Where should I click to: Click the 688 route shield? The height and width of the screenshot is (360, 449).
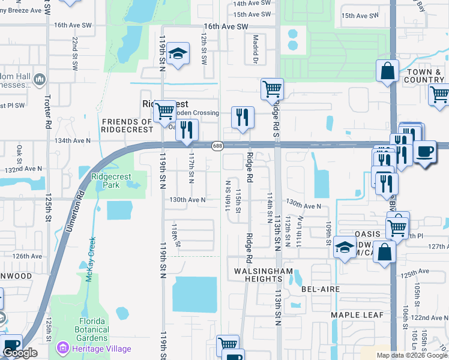pos(217,146)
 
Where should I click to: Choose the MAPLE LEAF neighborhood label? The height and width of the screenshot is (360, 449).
pos(356,315)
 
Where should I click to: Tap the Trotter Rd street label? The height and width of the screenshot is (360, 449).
pos(48,112)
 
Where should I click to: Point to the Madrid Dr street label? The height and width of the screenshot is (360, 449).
pos(255,49)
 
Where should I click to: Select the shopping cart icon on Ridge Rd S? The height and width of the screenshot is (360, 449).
pos(273,89)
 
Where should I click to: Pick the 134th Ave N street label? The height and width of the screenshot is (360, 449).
pos(72,140)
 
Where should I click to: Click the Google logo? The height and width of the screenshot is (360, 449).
pos(20,353)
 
